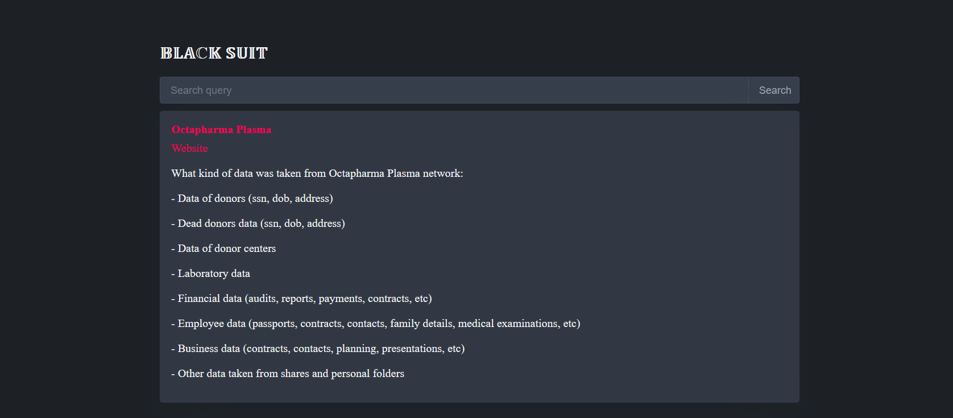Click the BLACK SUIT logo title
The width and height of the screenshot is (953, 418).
pyautogui.click(x=214, y=53)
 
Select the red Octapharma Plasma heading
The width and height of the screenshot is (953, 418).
pyautogui.click(x=221, y=130)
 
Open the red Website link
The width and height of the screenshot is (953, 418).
pyautogui.click(x=189, y=148)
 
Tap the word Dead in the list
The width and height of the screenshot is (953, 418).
pyautogui.click(x=189, y=224)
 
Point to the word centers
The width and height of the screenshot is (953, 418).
pyautogui.click(x=259, y=249)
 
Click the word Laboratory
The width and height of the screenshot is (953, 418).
pyautogui.click(x=202, y=274)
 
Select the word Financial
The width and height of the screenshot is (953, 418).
pyautogui.click(x=198, y=299)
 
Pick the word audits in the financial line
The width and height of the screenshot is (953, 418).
pyautogui.click(x=263, y=299)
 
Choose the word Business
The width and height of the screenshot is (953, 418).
pyautogui.click(x=199, y=349)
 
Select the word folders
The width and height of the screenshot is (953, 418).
pyautogui.click(x=388, y=374)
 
